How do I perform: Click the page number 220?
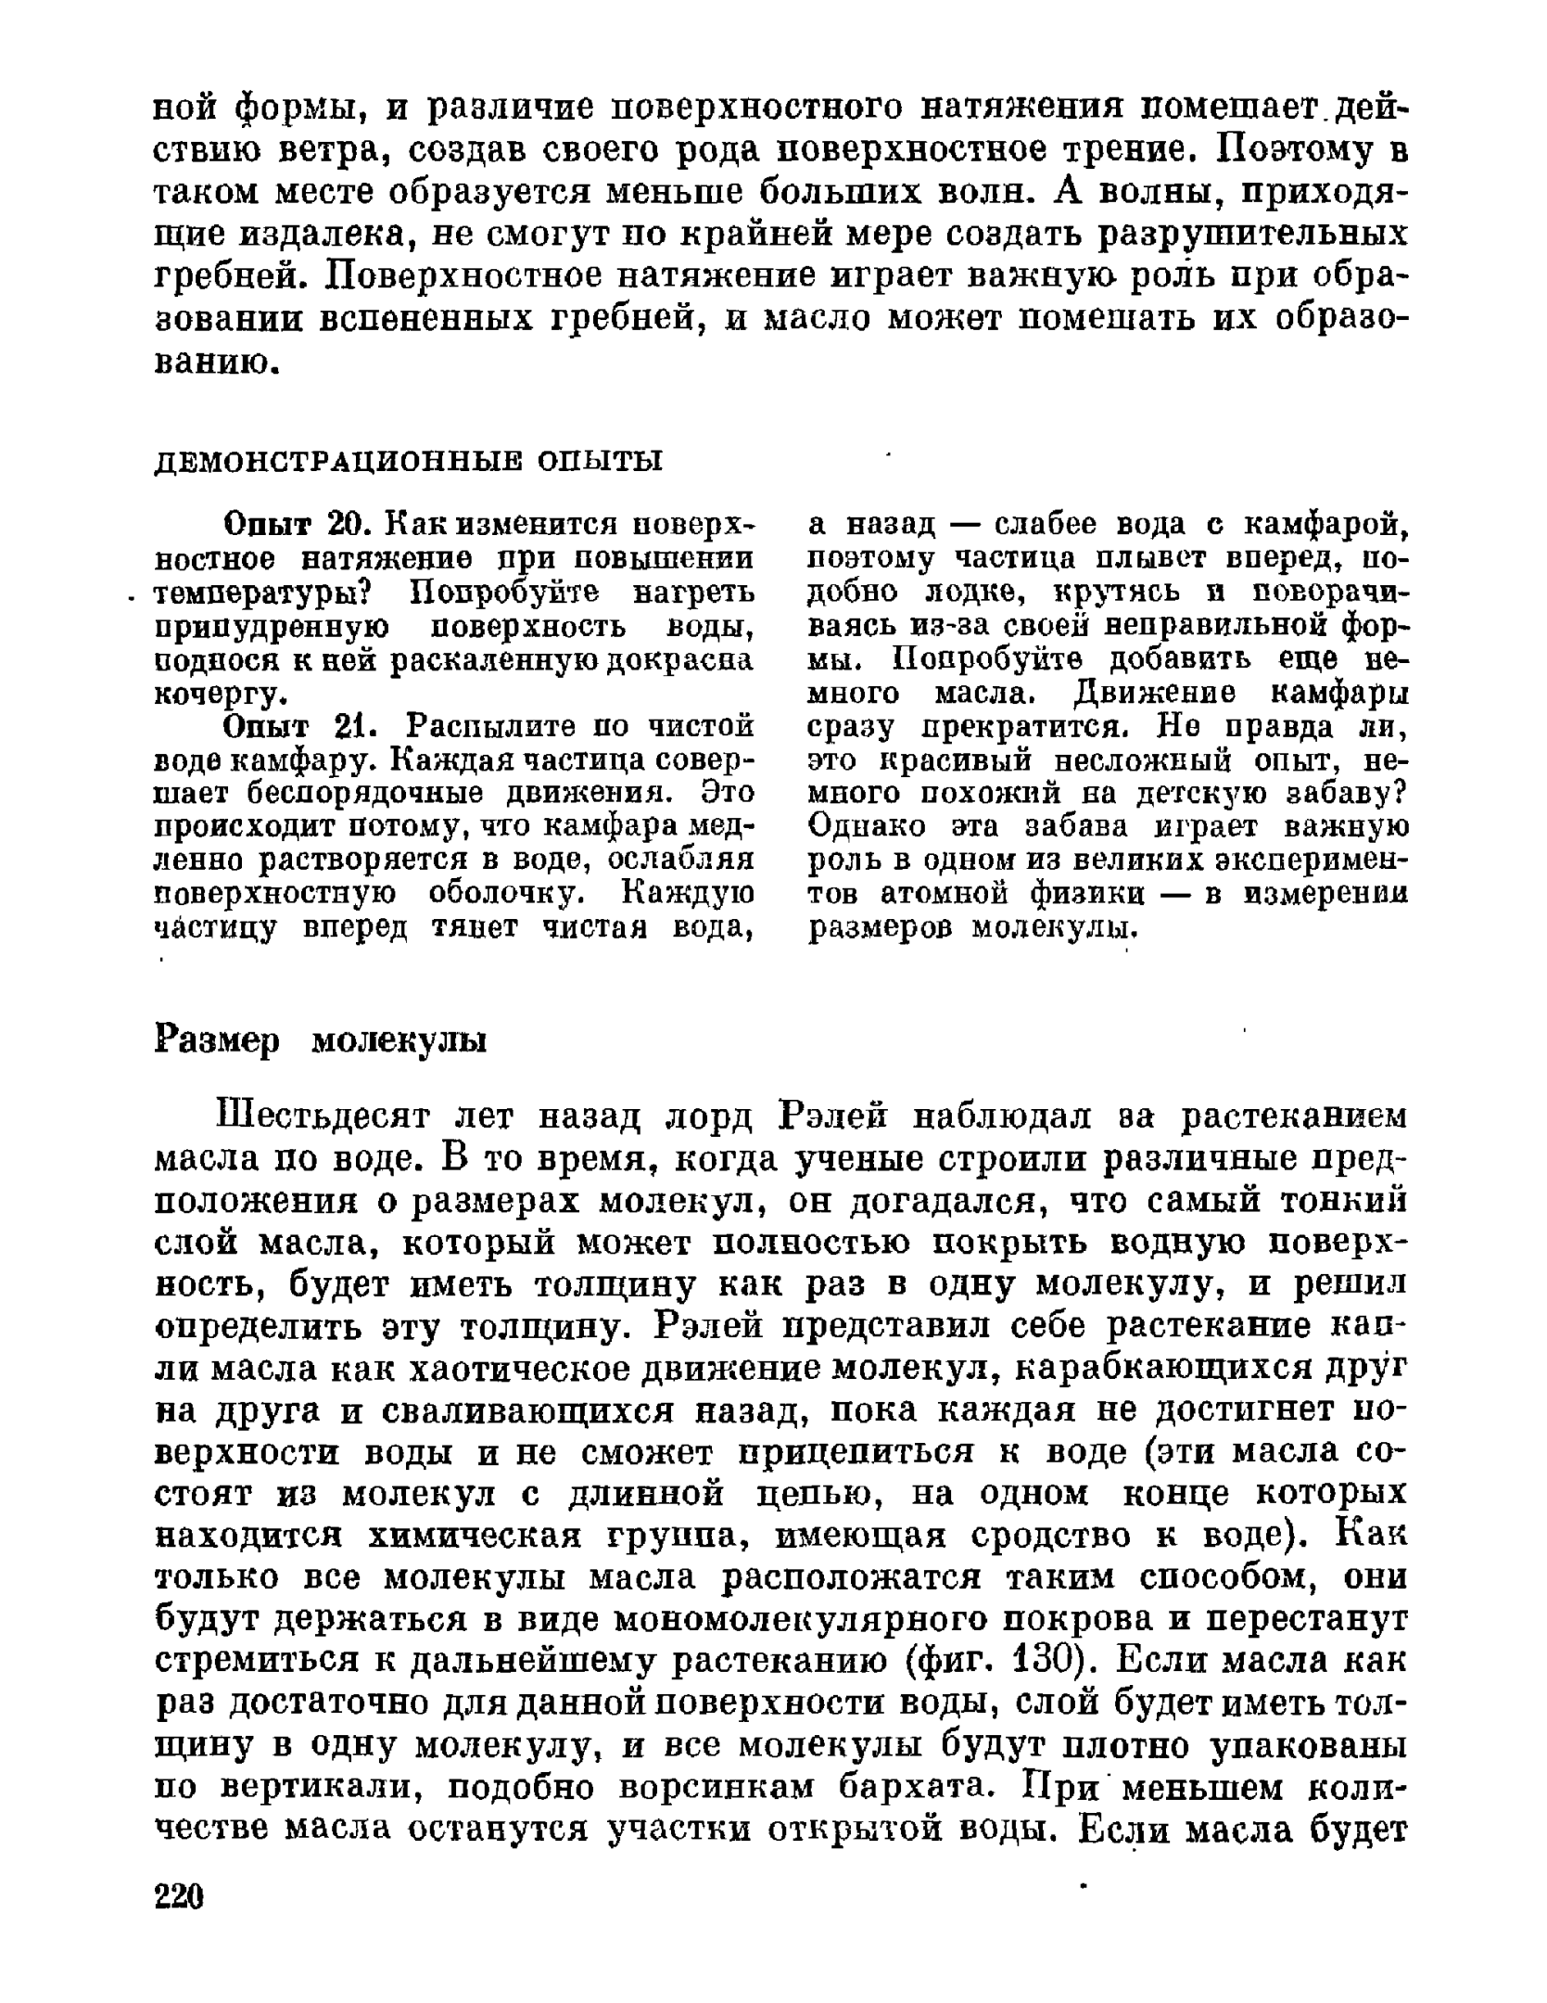pos(178,1895)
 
